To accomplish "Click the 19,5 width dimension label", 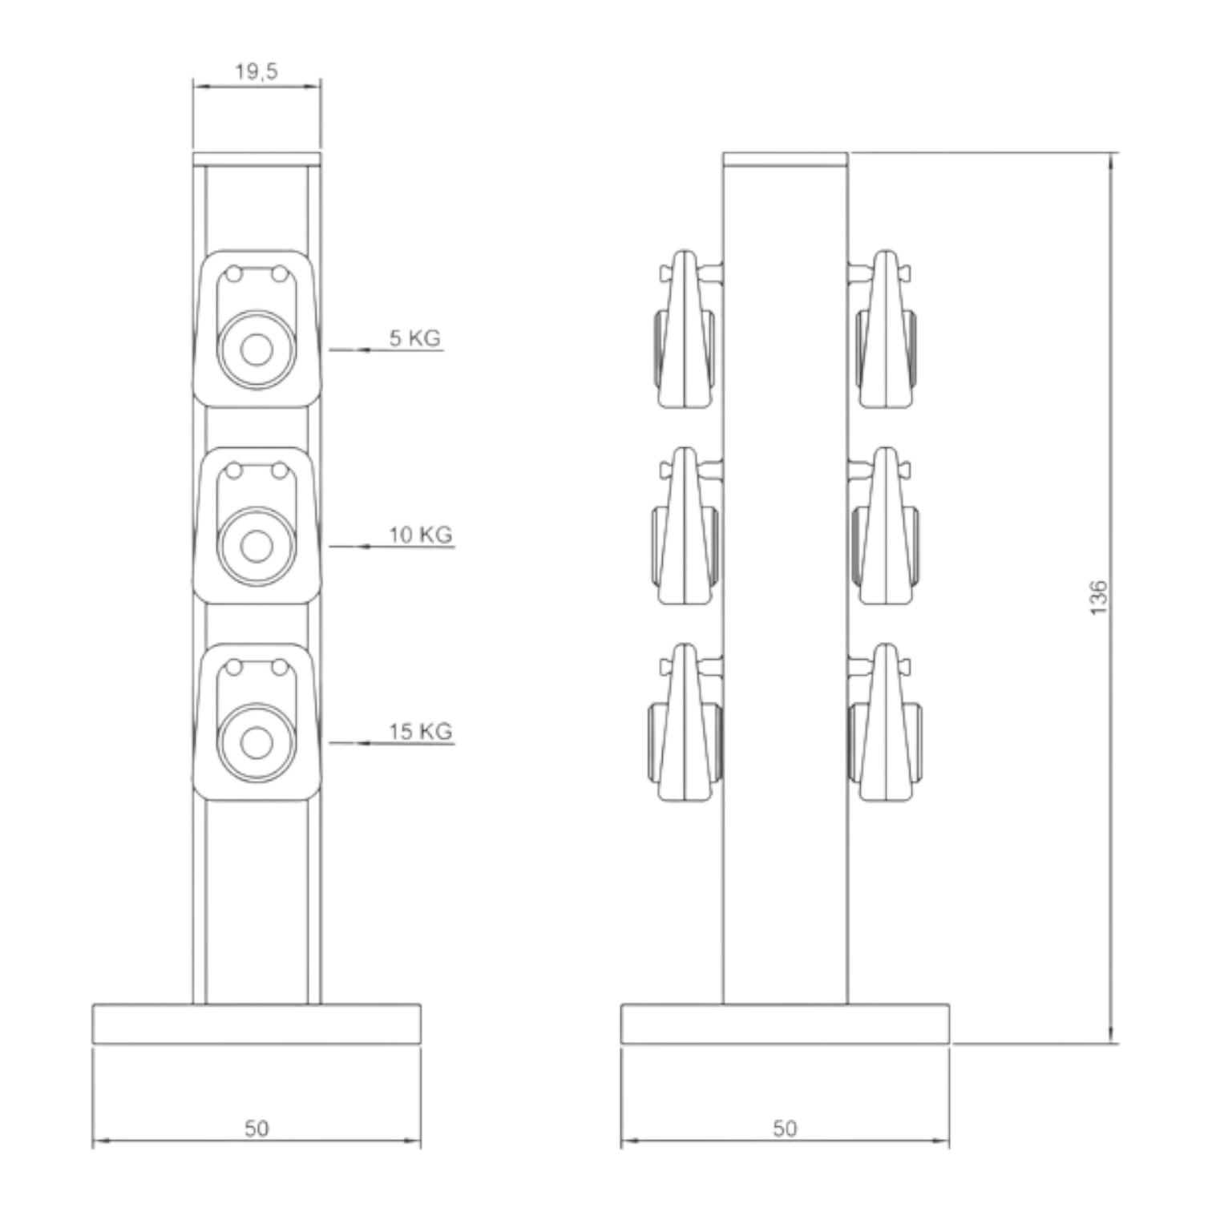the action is pyautogui.click(x=257, y=71).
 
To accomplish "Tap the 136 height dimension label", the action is pyautogui.click(x=1098, y=598).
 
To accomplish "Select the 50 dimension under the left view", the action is pyautogui.click(x=257, y=1129).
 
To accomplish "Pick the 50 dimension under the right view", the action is pyautogui.click(x=786, y=1129).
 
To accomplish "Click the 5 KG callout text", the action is pyautogui.click(x=415, y=337).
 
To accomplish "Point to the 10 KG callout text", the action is pyautogui.click(x=421, y=534).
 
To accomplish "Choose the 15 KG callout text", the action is pyautogui.click(x=421, y=731).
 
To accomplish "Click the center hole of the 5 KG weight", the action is pyautogui.click(x=257, y=350).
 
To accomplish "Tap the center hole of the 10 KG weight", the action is pyautogui.click(x=257, y=547).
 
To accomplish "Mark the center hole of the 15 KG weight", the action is pyautogui.click(x=257, y=743).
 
